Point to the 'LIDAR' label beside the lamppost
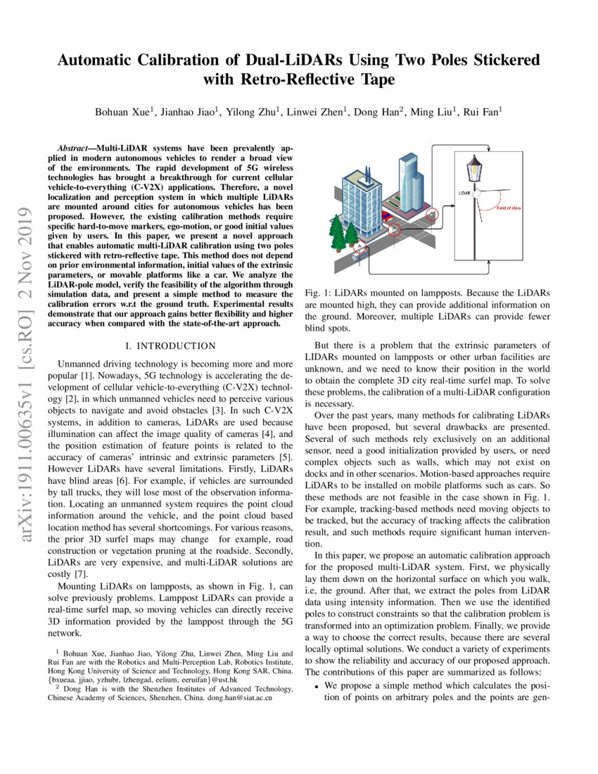(464, 191)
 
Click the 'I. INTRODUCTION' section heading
(170, 346)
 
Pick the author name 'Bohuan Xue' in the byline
(120, 113)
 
